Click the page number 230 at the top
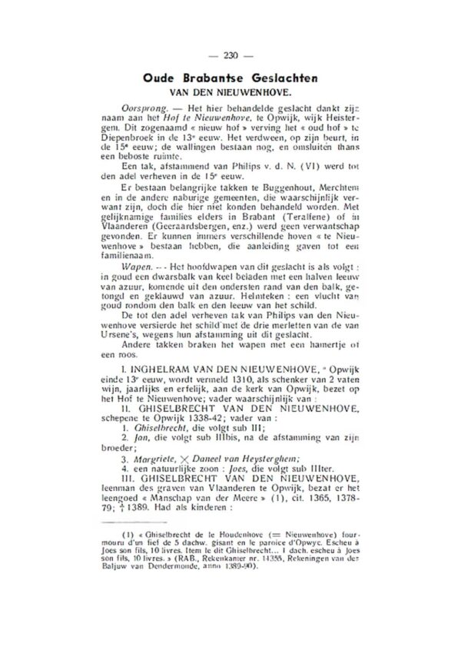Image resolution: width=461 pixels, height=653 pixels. click(230, 55)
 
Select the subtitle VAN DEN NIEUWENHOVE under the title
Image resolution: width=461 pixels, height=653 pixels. click(230, 91)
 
